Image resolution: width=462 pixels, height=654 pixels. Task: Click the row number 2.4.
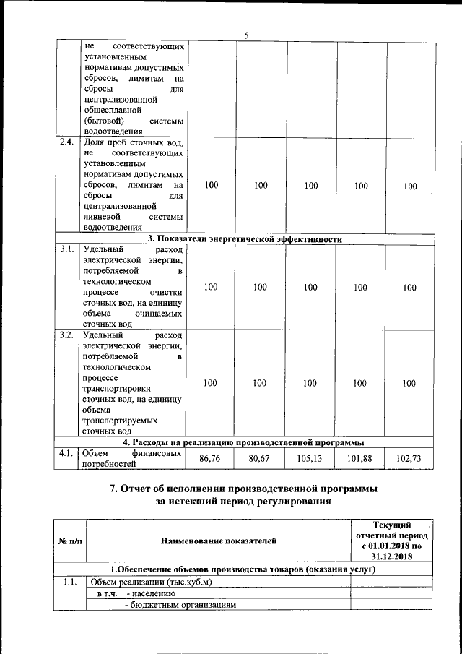point(66,142)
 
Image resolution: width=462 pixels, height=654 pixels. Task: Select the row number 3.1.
point(66,251)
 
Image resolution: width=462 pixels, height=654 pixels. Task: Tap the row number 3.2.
point(66,335)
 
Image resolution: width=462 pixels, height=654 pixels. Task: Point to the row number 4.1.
point(66,453)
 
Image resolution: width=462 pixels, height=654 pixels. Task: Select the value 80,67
point(260,458)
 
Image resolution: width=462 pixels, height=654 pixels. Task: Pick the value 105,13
point(310,458)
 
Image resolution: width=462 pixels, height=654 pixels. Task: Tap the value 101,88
point(360,458)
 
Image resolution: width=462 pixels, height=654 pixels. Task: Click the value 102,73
point(410,458)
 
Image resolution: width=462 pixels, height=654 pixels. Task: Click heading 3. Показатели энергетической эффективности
point(245,239)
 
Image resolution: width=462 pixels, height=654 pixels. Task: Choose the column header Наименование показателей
point(217,539)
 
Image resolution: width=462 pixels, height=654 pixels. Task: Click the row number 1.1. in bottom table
point(70,582)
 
